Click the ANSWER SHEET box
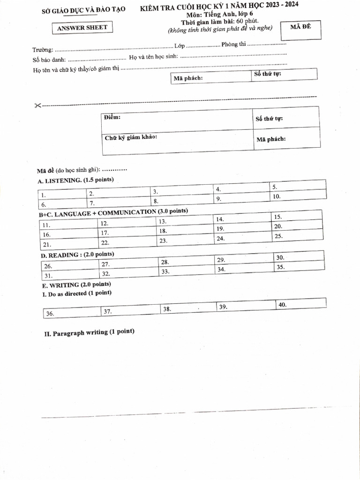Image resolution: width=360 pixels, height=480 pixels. tap(82, 28)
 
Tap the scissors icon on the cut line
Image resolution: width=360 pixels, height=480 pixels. tap(37, 105)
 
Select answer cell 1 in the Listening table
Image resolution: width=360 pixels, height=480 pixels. tap(62, 195)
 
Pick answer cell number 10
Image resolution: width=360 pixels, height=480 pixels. tap(298, 196)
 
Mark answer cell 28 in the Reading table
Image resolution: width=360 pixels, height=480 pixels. tap(187, 262)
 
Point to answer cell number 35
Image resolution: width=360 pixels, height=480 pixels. tap(299, 267)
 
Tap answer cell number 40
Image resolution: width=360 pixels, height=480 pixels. tap(300, 305)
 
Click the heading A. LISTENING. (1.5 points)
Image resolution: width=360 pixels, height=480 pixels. tap(75, 180)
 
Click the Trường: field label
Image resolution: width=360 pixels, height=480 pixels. tap(43, 50)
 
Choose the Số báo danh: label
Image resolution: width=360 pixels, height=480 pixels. tap(49, 60)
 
